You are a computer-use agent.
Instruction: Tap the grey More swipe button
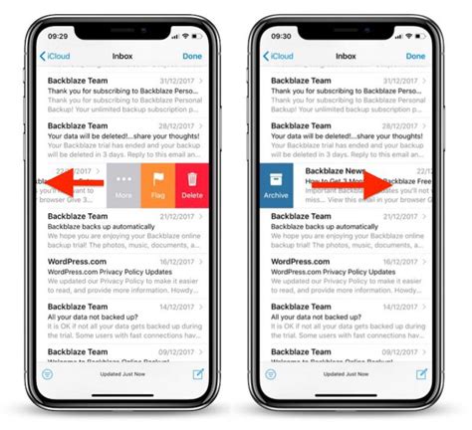coord(124,186)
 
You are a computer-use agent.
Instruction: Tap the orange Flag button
coord(157,186)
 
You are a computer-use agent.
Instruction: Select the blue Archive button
coord(277,186)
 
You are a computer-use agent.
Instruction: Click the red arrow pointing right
coord(376,186)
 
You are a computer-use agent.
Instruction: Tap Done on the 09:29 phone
coord(192,56)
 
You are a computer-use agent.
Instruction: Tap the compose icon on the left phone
coord(196,374)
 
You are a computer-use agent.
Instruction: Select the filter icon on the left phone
coord(46,374)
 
